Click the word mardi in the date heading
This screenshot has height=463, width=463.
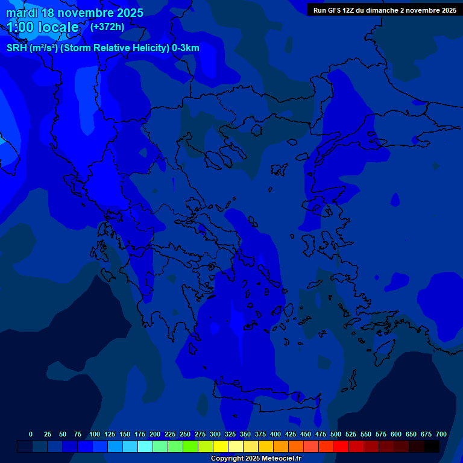pyautogui.click(x=22, y=13)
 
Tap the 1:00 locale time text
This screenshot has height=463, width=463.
pyautogui.click(x=43, y=27)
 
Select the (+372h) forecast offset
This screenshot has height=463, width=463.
pyautogui.click(x=107, y=27)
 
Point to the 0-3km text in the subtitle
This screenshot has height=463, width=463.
pyautogui.click(x=185, y=48)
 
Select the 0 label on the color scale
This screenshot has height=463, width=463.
pyautogui.click(x=31, y=434)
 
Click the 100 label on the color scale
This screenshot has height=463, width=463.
pyautogui.click(x=95, y=434)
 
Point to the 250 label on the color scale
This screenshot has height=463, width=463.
pyautogui.click(x=185, y=434)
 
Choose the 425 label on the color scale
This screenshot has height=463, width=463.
pyautogui.click(x=291, y=434)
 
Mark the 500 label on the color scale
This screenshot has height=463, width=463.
pyautogui.click(x=336, y=434)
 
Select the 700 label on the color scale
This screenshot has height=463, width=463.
pyautogui.click(x=441, y=434)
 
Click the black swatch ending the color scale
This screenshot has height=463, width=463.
pyautogui.click(x=432, y=447)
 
